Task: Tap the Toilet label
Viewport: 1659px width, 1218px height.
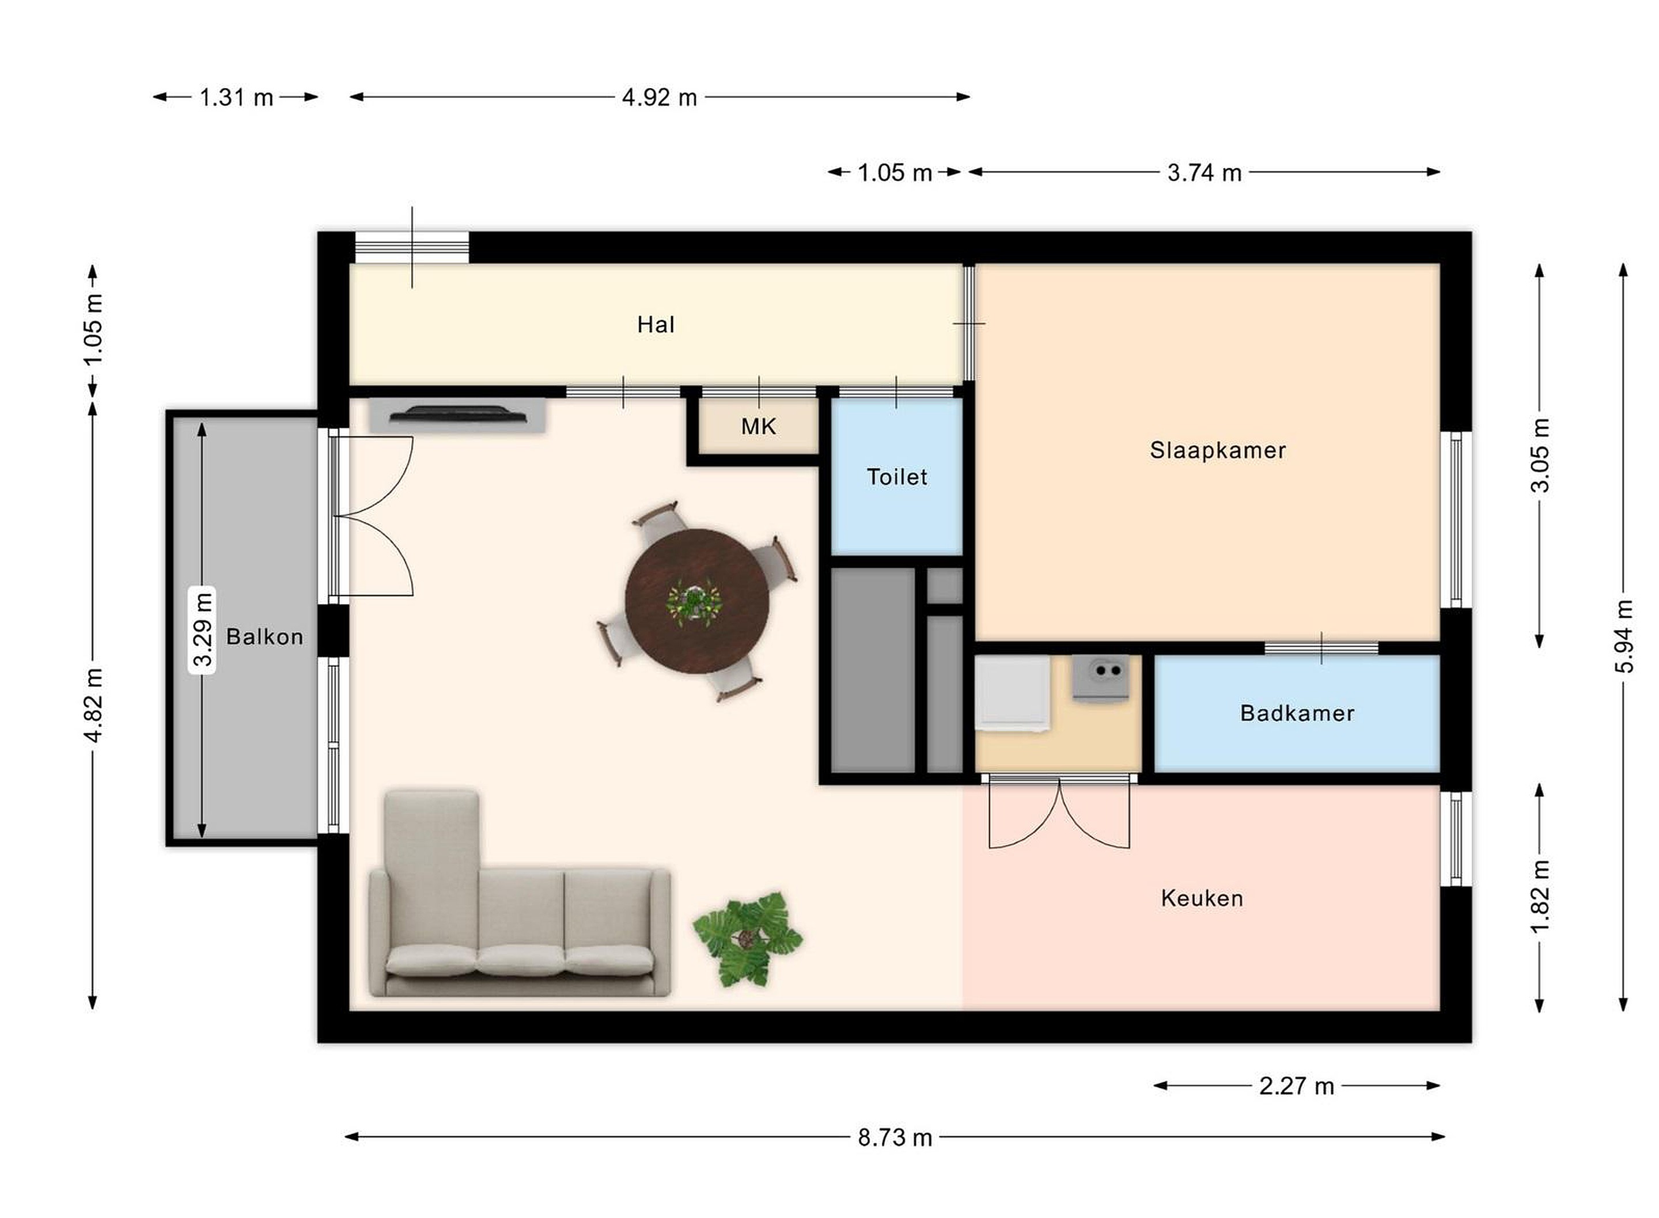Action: click(x=896, y=477)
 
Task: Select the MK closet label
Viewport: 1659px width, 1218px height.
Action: click(x=758, y=426)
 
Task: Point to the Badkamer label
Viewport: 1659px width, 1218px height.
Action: click(x=1297, y=713)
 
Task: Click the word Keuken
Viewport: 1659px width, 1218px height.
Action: click(x=1202, y=898)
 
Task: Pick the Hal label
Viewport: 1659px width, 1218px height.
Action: click(x=656, y=324)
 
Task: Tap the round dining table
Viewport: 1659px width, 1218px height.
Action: click(x=697, y=601)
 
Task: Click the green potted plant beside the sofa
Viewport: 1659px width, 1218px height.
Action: click(x=748, y=939)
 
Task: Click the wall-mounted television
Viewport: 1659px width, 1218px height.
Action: click(x=458, y=415)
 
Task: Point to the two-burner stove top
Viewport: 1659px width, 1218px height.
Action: click(x=1100, y=677)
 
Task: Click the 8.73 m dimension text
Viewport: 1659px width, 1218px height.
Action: click(x=895, y=1137)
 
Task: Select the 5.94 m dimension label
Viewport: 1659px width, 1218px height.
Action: click(x=1624, y=636)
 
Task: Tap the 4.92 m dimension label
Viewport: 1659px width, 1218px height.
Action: click(x=659, y=97)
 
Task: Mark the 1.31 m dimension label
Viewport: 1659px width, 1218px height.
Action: click(x=237, y=97)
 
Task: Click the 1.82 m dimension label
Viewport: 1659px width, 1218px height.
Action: click(x=1540, y=897)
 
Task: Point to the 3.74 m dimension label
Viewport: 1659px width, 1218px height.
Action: click(x=1204, y=173)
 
